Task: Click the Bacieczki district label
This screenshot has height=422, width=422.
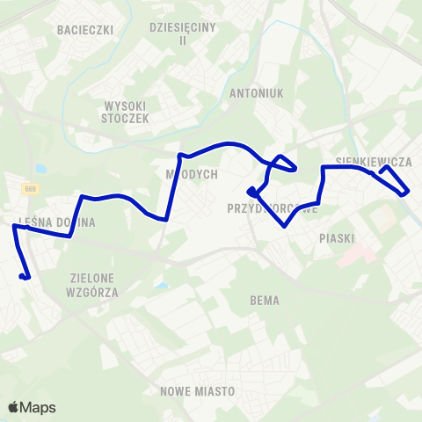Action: click(x=86, y=30)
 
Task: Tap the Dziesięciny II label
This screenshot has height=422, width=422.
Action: click(x=182, y=34)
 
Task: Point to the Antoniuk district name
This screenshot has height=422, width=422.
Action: click(x=254, y=92)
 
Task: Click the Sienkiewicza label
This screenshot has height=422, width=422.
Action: click(x=374, y=162)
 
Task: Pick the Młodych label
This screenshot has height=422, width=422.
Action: click(x=192, y=174)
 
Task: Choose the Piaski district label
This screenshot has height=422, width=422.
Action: click(x=337, y=237)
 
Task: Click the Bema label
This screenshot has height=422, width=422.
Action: click(x=265, y=301)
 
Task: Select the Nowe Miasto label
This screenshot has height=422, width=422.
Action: click(x=197, y=390)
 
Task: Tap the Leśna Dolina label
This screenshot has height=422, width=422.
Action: click(x=56, y=222)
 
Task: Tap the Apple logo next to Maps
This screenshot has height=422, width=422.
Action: click(x=14, y=407)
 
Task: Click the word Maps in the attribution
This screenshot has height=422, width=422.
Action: click(x=40, y=407)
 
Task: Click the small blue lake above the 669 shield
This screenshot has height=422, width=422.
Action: click(x=40, y=168)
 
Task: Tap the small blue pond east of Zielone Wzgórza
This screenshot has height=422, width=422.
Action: click(x=159, y=284)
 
